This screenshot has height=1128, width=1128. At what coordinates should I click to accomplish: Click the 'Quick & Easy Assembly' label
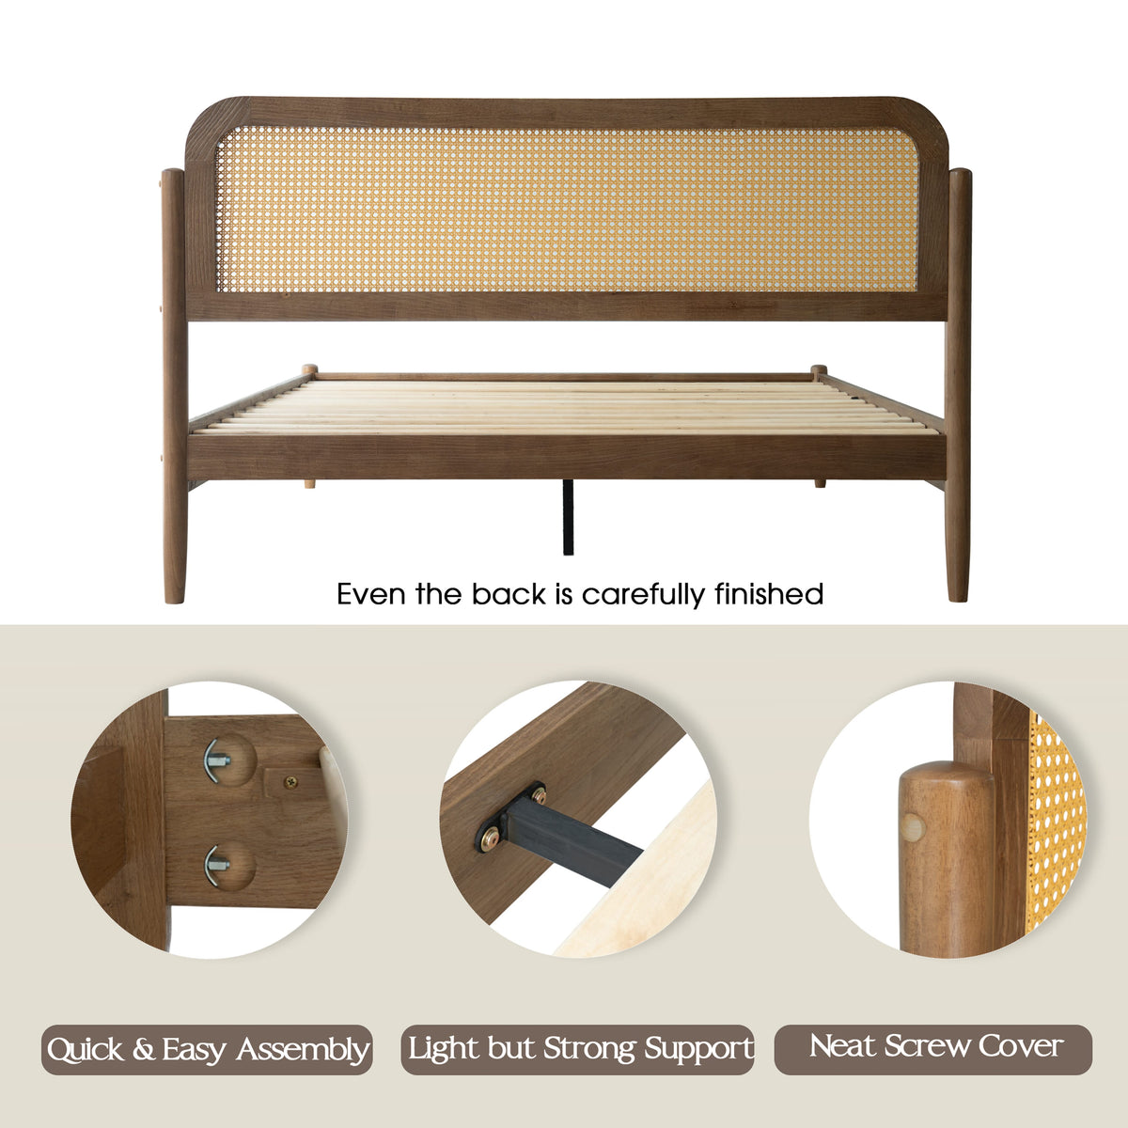[207, 1049]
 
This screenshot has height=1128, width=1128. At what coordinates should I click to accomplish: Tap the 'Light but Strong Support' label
[577, 1049]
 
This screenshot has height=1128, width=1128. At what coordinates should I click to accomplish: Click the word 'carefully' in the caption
[644, 595]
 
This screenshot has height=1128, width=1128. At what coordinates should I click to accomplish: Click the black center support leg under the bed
[568, 517]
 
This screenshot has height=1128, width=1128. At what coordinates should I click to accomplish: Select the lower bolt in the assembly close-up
[218, 865]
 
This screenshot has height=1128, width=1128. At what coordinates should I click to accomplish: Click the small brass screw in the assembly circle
[290, 781]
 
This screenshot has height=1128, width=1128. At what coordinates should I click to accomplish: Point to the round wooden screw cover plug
[912, 828]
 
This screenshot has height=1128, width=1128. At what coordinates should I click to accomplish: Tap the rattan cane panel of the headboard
[566, 209]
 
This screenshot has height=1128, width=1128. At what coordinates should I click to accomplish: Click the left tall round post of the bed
[174, 385]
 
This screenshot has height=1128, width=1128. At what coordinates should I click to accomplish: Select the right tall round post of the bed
[959, 384]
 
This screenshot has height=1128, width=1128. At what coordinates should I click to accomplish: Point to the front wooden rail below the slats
[567, 457]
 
